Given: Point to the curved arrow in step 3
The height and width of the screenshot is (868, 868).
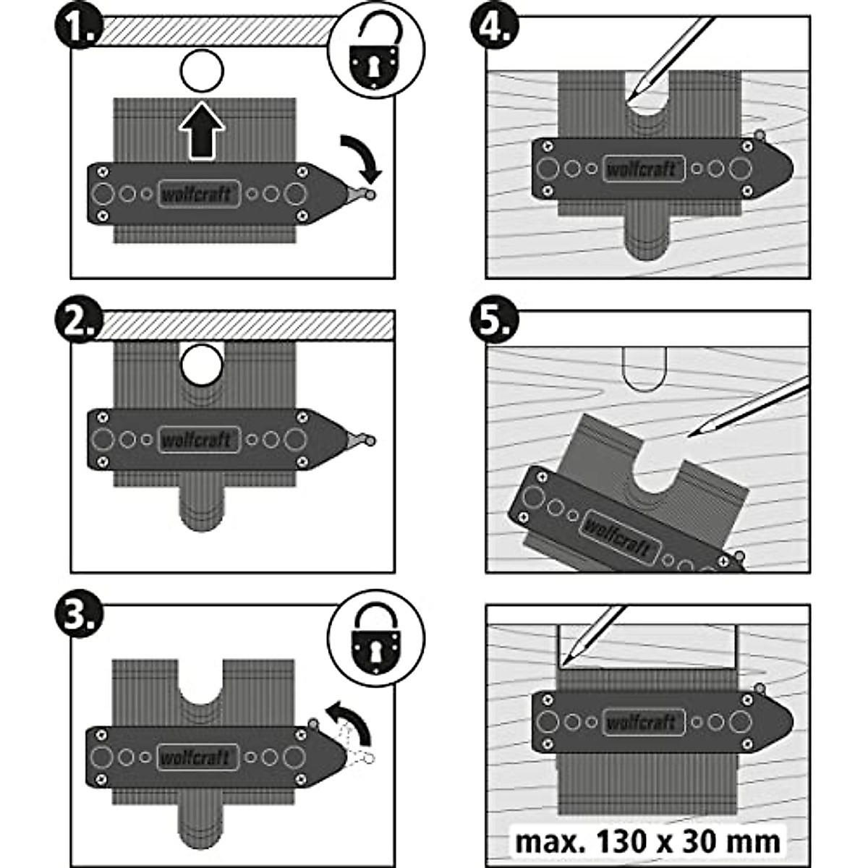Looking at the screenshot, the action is click(350, 723).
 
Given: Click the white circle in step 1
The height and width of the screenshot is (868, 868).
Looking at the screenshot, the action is click(202, 72).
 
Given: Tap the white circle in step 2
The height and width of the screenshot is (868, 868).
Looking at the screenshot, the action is click(202, 364).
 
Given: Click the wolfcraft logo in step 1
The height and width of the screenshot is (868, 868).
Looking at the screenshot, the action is click(198, 194).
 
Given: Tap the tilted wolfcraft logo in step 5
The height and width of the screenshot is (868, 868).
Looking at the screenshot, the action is click(617, 536).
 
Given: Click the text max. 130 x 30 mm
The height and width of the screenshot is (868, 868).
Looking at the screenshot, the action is click(647, 841).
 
